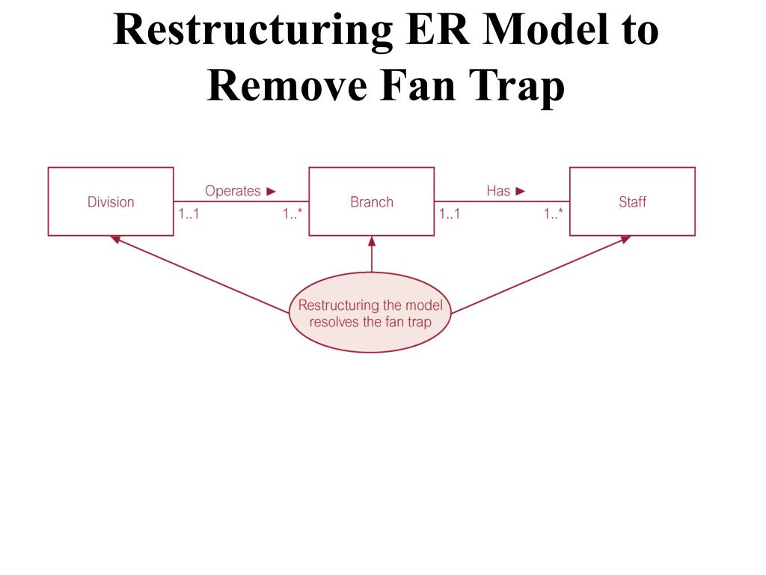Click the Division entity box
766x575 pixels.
pos(111,201)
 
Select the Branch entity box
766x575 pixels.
pos(371,201)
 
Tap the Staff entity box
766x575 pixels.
pos(632,201)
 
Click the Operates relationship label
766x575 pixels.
pos(233,191)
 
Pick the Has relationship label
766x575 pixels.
pos(498,191)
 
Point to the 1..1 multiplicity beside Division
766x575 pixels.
pos(189,214)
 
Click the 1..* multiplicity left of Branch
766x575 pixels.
pos(292,214)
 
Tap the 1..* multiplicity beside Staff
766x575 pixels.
pos(554,214)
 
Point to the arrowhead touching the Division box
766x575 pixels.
pos(115,240)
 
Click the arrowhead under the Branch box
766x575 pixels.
pos(371,241)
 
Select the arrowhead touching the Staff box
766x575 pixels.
pos(625,240)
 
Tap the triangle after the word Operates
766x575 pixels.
pos(272,191)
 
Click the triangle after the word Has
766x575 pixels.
pos(521,191)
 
